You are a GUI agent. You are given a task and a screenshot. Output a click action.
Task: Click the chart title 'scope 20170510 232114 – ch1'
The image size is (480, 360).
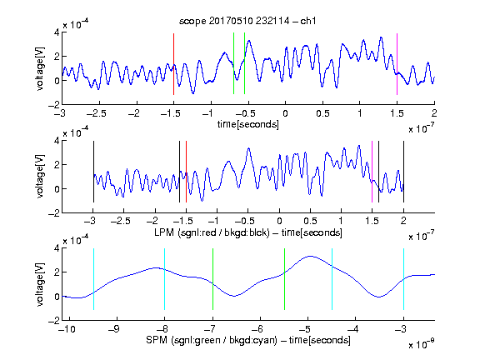tap(247, 21)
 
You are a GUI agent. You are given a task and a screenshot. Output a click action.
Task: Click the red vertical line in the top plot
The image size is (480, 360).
tap(173, 64)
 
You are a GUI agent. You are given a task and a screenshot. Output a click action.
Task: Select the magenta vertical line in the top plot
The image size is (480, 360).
tap(397, 64)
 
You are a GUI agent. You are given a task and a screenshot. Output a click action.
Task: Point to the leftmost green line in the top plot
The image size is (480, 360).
tap(233, 63)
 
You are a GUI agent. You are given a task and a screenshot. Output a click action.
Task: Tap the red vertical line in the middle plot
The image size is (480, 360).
tap(186, 172)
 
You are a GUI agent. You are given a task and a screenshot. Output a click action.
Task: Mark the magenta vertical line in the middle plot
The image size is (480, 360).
tap(372, 172)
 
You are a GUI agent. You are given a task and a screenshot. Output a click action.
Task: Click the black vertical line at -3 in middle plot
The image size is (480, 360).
tap(93, 172)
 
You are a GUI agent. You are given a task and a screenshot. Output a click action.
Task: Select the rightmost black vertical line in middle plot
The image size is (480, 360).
tap(403, 172)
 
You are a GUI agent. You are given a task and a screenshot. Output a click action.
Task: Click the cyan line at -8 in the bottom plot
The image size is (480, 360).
tap(164, 279)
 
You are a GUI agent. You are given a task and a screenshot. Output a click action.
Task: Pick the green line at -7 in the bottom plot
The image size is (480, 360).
tap(212, 279)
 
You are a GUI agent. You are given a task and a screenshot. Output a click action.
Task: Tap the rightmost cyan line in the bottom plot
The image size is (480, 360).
tap(403, 279)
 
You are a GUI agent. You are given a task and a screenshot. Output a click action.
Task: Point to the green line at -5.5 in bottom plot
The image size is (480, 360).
tap(284, 279)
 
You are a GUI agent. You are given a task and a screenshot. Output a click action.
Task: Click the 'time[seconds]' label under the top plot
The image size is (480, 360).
tap(248, 124)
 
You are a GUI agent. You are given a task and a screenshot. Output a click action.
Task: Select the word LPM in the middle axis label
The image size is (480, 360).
tap(164, 232)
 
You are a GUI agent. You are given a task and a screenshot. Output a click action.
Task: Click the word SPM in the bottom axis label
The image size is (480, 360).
tap(157, 340)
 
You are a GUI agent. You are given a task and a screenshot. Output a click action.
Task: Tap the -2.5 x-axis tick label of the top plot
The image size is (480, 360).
tap(97, 114)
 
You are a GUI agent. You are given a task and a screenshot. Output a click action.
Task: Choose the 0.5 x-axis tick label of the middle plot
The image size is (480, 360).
tap(310, 221)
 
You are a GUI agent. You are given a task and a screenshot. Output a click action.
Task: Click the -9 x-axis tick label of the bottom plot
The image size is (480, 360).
tap(114, 329)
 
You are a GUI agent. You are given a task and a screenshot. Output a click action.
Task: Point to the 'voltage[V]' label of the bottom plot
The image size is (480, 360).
tap(40, 284)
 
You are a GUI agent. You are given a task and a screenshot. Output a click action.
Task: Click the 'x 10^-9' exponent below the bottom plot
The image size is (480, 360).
tap(421, 344)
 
